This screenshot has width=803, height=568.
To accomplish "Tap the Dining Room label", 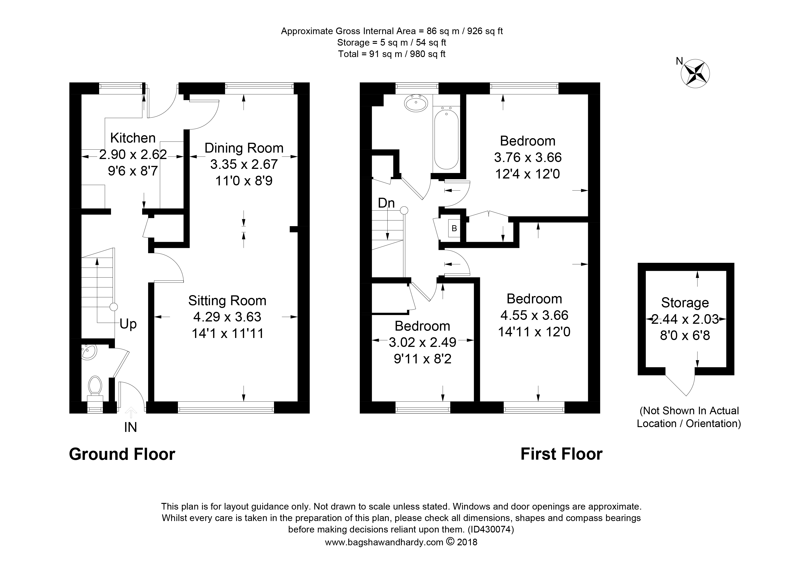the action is [x=244, y=148].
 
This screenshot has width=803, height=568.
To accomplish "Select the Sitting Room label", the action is [x=227, y=301].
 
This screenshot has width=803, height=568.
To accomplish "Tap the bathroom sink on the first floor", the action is [x=416, y=103].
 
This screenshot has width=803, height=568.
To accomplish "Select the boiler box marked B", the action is [x=454, y=228].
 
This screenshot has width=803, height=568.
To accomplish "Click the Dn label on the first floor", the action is [x=386, y=203].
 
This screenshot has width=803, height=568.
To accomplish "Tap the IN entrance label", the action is [x=130, y=427].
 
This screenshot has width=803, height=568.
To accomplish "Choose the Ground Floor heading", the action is [x=122, y=454].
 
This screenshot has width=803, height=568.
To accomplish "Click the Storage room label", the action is [x=685, y=303].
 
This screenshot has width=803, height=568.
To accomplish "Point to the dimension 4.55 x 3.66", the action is [x=534, y=315].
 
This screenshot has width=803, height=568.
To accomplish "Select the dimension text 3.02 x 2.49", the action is [x=423, y=342].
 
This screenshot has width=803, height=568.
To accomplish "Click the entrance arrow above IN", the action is [x=131, y=412].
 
